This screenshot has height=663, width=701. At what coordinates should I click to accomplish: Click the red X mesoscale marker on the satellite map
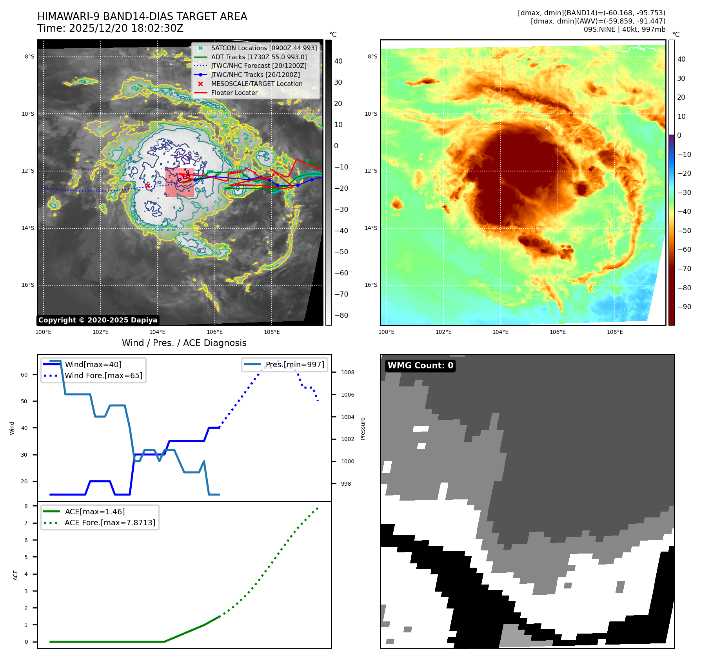pyautogui.click(x=148, y=186)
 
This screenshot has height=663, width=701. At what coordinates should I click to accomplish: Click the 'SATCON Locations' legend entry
pyautogui.click(x=263, y=48)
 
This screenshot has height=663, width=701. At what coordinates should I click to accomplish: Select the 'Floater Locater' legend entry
pyautogui.click(x=234, y=93)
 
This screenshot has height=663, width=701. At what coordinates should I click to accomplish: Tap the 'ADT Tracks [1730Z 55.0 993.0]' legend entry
pyautogui.click(x=259, y=57)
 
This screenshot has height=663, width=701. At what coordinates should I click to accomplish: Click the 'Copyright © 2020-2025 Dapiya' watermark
pyautogui.click(x=98, y=320)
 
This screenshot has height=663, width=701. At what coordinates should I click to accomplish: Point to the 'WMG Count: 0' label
pyautogui.click(x=420, y=366)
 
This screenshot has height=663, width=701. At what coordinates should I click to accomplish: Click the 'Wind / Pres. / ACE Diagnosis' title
pyautogui.click(x=184, y=343)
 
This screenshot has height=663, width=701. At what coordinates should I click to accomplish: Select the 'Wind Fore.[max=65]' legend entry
pyautogui.click(x=104, y=375)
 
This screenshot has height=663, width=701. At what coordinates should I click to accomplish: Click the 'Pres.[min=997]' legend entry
pyautogui.click(x=295, y=364)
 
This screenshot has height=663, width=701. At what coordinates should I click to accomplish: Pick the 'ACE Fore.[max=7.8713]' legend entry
pyautogui.click(x=110, y=523)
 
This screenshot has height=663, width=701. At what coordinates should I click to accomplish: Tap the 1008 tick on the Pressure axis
pyautogui.click(x=347, y=372)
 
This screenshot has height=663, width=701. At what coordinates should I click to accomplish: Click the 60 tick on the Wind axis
pyautogui.click(x=24, y=375)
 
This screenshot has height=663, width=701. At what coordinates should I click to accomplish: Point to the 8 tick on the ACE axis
pyautogui.click(x=26, y=506)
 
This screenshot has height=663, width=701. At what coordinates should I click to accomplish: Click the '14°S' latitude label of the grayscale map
pyautogui.click(x=28, y=228)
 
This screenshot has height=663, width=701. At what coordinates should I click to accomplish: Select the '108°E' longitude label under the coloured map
pyautogui.click(x=615, y=332)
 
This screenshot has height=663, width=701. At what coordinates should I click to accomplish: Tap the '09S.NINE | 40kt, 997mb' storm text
pyautogui.click(x=624, y=29)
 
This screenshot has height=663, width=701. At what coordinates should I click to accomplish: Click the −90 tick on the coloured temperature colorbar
pyautogui.click(x=684, y=307)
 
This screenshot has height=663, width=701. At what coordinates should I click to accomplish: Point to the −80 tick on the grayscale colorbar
pyautogui.click(x=341, y=315)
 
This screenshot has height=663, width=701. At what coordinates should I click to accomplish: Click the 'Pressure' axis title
pyautogui.click(x=363, y=428)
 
